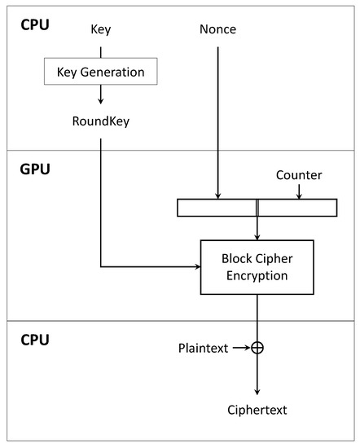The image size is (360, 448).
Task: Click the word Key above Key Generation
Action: coord(101,30)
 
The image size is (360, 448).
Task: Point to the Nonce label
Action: coord(217,30)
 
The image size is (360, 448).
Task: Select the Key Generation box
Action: coord(101,72)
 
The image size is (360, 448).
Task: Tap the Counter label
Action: coord(299,175)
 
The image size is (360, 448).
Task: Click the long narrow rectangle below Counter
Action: coord(257,208)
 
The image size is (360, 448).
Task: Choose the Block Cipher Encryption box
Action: coord(257,267)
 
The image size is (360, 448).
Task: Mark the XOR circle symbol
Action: coord(257,348)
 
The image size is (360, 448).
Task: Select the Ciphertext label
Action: coord(257,409)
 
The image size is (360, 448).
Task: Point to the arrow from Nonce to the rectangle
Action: coord(217,122)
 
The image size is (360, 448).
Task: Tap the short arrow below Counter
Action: coord(299,191)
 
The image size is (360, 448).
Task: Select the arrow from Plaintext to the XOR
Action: coord(241,348)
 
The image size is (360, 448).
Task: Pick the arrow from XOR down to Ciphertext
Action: coord(257,375)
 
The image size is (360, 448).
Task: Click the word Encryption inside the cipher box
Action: coord(257,275)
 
